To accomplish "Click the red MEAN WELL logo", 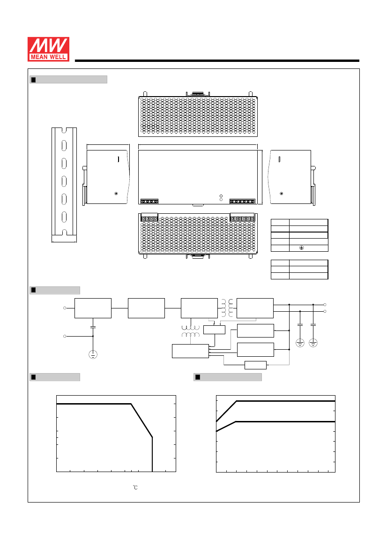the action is click(x=49, y=49).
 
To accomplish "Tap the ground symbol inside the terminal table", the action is click(x=301, y=248).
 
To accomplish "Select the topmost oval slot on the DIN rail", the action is click(x=64, y=145).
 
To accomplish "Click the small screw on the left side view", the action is click(x=116, y=194).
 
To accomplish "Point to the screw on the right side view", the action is click(x=282, y=194).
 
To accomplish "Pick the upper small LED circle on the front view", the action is click(x=221, y=196).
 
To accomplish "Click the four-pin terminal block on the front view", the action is click(x=149, y=202).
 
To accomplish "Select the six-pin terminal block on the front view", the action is click(x=242, y=202).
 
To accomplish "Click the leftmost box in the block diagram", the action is click(x=93, y=308).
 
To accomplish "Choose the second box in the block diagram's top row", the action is click(x=146, y=308).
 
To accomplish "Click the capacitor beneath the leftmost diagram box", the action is click(x=93, y=327).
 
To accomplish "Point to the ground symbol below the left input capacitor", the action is click(x=93, y=355).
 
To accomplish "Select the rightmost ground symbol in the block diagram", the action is click(x=313, y=343).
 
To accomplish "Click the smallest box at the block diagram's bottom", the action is click(x=256, y=365).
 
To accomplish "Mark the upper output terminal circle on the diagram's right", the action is click(x=325, y=305).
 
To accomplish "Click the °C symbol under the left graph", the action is click(x=135, y=488).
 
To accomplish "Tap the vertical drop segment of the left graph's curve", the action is click(x=152, y=454).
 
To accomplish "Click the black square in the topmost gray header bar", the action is click(x=34, y=80).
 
